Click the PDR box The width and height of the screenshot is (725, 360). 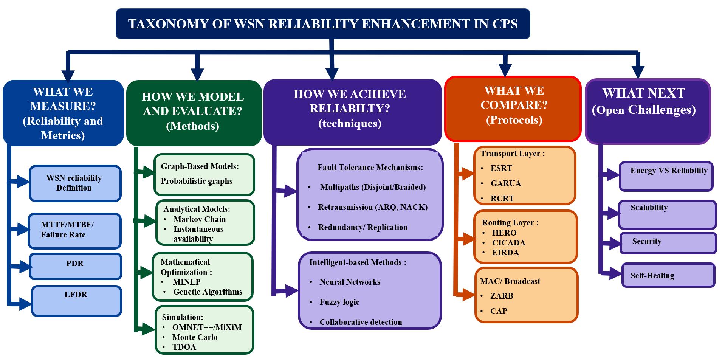(x=76, y=266)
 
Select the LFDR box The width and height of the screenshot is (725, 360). (x=77, y=301)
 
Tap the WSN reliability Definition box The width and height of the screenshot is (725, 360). (x=75, y=183)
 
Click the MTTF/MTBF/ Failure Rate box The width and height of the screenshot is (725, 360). (x=74, y=231)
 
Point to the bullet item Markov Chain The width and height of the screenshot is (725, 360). (x=200, y=219)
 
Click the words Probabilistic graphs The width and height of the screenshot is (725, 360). (x=197, y=181)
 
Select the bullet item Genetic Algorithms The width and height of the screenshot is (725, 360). (x=208, y=292)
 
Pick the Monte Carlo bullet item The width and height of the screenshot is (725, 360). (x=195, y=337)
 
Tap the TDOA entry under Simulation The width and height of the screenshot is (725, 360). (x=184, y=347)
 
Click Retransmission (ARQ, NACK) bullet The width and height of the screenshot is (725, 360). (x=373, y=207)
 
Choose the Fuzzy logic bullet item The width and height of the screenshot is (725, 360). (x=339, y=302)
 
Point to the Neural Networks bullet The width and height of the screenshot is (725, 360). (x=350, y=282)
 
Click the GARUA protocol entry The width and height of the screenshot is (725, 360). (x=506, y=183)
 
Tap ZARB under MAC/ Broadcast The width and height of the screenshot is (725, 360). (x=502, y=296)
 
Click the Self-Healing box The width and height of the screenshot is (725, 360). (x=668, y=275)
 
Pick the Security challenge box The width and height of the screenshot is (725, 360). (x=668, y=243)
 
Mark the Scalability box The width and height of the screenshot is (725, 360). (x=667, y=214)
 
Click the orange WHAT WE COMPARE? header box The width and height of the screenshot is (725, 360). (x=513, y=109)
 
